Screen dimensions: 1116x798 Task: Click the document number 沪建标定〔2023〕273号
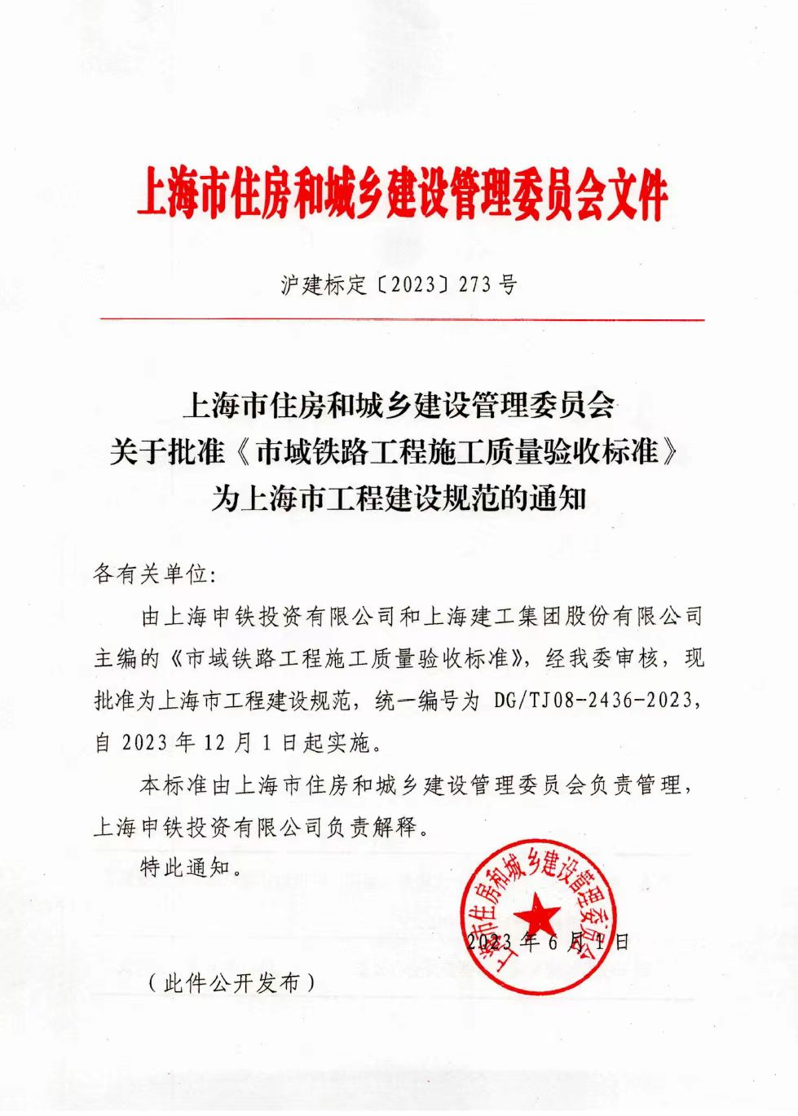click(399, 285)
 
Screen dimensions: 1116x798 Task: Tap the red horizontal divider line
click(402, 320)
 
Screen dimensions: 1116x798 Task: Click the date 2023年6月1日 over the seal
click(549, 942)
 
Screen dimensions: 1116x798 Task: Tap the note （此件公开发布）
click(231, 983)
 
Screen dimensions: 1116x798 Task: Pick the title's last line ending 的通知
click(399, 497)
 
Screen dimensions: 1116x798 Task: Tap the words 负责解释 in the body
click(372, 828)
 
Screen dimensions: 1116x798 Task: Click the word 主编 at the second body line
click(115, 658)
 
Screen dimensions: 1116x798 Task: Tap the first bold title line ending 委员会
click(399, 405)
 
